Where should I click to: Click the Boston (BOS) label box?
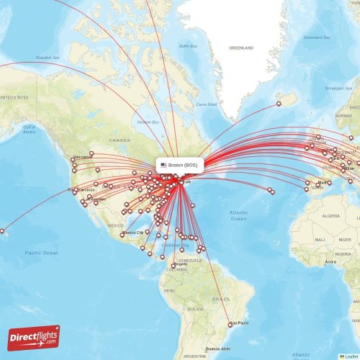180,165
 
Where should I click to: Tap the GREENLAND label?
241,48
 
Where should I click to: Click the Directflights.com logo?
34,337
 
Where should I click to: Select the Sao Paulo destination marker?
230,325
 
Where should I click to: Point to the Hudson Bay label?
148,122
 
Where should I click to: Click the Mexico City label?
135,233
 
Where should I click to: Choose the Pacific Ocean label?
41,253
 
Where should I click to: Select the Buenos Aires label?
217,348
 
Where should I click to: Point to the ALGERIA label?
330,216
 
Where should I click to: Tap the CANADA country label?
120,140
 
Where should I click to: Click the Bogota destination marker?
173,265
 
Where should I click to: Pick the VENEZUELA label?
190,259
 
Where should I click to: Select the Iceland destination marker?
279,104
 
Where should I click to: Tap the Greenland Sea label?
315,37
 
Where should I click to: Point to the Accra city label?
330,262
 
